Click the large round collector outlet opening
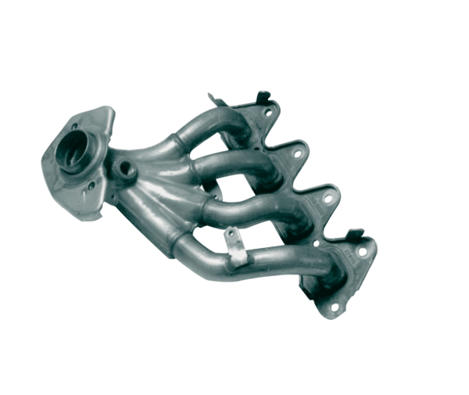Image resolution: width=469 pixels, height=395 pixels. click(81, 149)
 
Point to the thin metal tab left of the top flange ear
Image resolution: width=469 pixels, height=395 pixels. click(213, 99)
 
